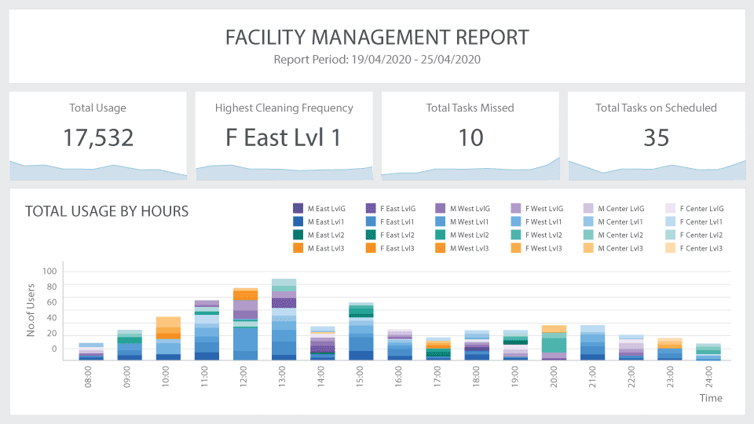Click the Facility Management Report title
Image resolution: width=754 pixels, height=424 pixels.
[377, 37]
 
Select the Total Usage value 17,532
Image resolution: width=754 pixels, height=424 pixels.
[98, 137]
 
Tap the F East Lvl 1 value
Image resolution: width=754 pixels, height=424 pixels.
[284, 137]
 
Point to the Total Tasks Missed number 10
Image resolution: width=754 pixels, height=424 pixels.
[470, 137]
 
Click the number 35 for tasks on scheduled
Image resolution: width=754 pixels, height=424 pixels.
[656, 137]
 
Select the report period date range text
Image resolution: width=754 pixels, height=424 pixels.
[377, 59]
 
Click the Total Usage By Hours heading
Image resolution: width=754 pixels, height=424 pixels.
[107, 211]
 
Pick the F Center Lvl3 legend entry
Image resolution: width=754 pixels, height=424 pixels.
[694, 248]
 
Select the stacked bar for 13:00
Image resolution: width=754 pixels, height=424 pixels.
[284, 320]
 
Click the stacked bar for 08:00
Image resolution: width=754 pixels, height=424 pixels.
[91, 352]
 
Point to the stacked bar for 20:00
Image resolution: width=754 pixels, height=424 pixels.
[554, 342]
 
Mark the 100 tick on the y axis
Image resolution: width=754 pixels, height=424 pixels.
[50, 272]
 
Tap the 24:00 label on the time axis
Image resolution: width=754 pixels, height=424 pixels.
[708, 378]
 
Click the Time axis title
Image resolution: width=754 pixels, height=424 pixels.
[711, 398]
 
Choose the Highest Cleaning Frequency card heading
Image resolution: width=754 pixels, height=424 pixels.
[284, 108]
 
